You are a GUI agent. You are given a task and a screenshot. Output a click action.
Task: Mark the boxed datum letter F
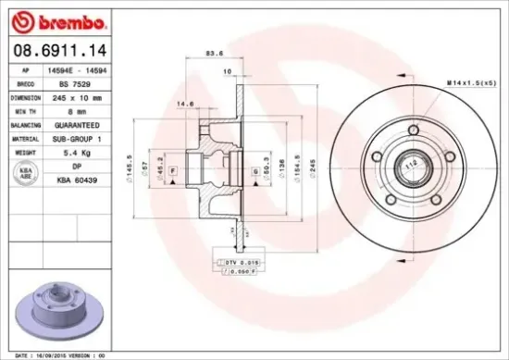point(173,173)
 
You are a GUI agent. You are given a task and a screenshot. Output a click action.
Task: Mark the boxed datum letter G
point(254,171)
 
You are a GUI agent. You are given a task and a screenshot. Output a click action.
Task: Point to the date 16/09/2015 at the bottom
point(54,354)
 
